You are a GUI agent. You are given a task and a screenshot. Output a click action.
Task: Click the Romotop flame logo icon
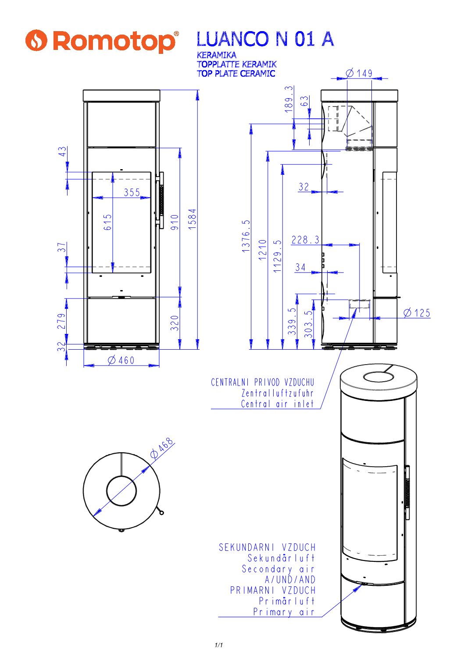(x=36, y=40)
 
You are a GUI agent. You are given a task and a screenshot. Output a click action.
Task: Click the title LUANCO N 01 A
(x=265, y=39)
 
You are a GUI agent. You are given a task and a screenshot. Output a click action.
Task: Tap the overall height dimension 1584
(x=192, y=219)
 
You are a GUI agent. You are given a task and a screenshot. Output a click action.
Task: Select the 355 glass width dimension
(x=132, y=192)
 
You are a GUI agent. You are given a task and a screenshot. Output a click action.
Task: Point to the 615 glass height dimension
(x=107, y=222)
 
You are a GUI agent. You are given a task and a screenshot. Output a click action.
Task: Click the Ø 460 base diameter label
(x=121, y=360)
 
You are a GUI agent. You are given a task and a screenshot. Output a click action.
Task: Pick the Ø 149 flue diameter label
(x=359, y=73)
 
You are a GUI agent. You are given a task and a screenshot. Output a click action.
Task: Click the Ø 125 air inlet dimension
(x=417, y=313)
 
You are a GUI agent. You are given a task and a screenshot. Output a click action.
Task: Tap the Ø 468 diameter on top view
(x=161, y=448)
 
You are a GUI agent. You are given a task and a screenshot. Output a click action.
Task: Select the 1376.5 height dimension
(x=246, y=236)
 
